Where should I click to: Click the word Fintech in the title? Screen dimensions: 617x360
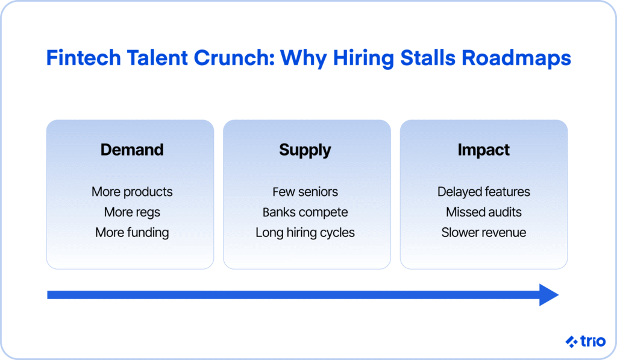[83, 57]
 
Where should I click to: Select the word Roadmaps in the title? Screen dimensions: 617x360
[516, 58]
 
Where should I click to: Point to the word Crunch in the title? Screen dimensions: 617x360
[234, 57]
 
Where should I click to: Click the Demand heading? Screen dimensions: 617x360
[132, 150]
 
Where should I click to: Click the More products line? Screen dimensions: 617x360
[132, 192]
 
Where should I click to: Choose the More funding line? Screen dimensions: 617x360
[132, 233]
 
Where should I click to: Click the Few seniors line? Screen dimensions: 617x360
[305, 192]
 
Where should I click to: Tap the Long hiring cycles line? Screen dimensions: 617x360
[305, 233]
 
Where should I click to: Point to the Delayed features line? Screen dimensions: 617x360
[484, 192]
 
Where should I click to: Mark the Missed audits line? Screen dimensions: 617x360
[484, 212]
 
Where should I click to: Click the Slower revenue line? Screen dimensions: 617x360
[484, 232]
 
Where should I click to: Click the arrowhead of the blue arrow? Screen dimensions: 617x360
[549, 295]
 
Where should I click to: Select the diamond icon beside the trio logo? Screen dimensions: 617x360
[571, 341]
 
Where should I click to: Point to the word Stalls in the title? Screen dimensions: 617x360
[428, 57]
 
